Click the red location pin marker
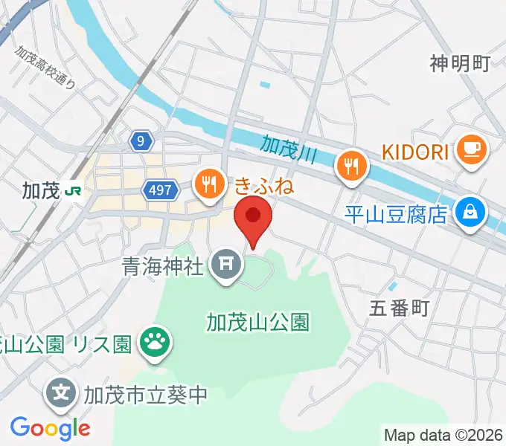(x=253, y=218)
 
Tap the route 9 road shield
(x=141, y=140)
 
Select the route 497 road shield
(x=161, y=191)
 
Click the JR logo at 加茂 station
(x=74, y=191)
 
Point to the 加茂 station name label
(x=40, y=191)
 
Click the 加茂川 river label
(x=289, y=146)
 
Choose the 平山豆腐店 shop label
(x=396, y=215)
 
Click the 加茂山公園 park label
(x=257, y=322)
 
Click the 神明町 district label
(x=460, y=64)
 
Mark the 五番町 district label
(x=400, y=308)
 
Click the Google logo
(x=50, y=427)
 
